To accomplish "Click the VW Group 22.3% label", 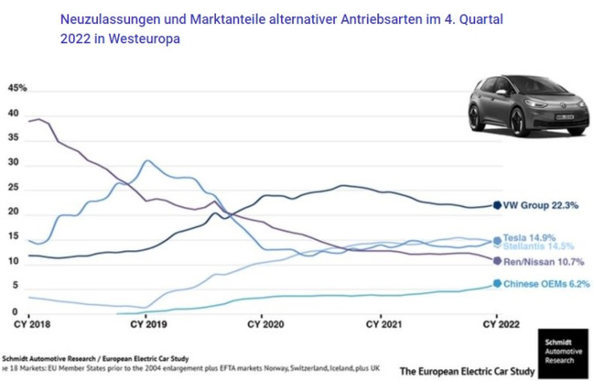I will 540,205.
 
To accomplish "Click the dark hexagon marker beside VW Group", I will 498,205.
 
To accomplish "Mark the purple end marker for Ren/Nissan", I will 498,261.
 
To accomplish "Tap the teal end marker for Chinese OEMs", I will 498,283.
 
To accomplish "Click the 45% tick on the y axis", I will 17,88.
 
